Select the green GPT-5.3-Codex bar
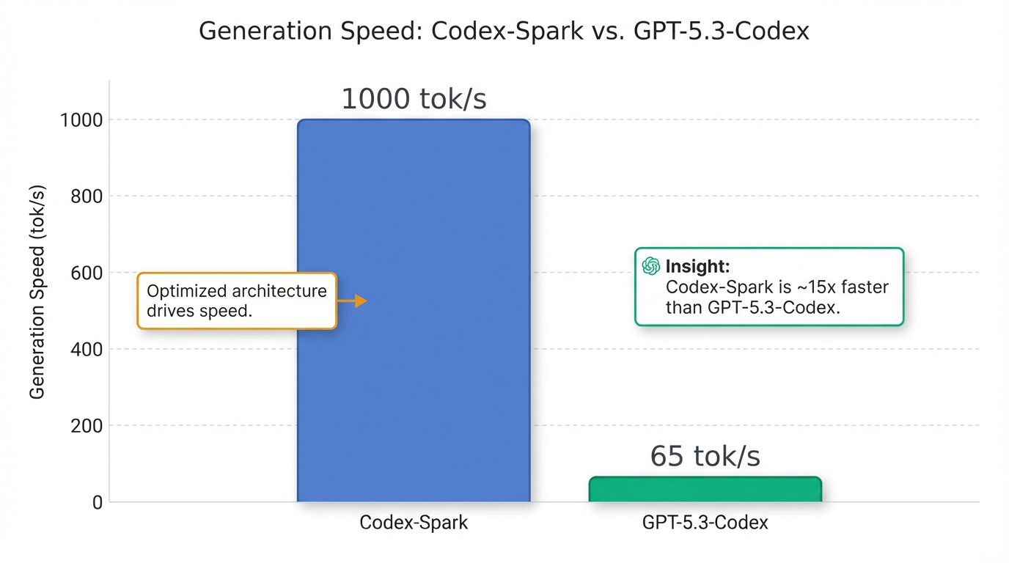click(x=705, y=490)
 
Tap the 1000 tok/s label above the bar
click(x=414, y=100)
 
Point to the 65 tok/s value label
click(x=705, y=457)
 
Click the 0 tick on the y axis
click(x=96, y=503)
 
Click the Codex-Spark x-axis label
click(x=414, y=523)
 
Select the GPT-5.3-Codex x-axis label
click(x=705, y=523)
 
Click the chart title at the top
click(x=504, y=32)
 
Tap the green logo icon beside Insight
click(x=650, y=266)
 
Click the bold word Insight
click(x=697, y=267)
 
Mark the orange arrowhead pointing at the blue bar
click(x=360, y=301)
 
